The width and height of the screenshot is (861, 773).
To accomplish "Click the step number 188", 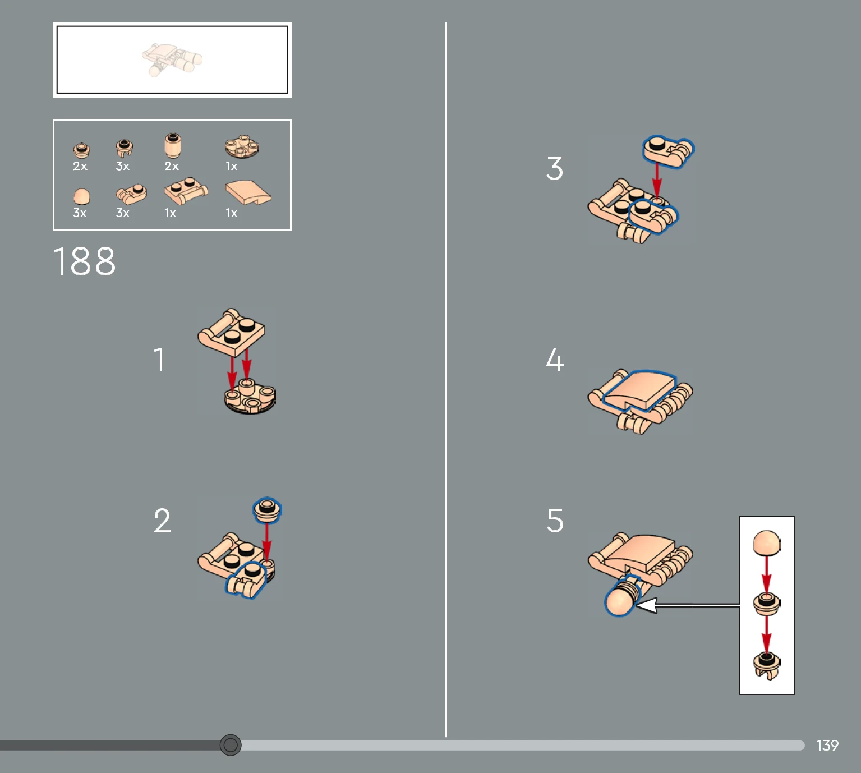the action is pyautogui.click(x=84, y=261).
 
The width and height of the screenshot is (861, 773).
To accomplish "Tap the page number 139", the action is pyautogui.click(x=827, y=745).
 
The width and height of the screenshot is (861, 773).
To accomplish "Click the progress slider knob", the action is pyautogui.click(x=231, y=745).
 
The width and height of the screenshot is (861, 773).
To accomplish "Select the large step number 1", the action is pyautogui.click(x=159, y=360).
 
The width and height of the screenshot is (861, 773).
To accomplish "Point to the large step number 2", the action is pyautogui.click(x=162, y=520).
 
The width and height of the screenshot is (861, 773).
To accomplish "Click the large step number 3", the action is pyautogui.click(x=555, y=168).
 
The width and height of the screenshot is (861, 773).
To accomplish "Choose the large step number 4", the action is pyautogui.click(x=555, y=360).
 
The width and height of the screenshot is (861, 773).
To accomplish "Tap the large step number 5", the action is pyautogui.click(x=555, y=520).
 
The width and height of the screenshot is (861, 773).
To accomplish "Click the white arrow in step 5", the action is pyautogui.click(x=688, y=605).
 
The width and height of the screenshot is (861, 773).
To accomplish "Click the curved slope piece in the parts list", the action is pyautogui.click(x=248, y=194).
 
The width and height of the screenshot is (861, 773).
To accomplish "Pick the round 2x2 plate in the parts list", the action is pyautogui.click(x=242, y=147).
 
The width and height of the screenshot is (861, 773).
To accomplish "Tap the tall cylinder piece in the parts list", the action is pyautogui.click(x=173, y=146).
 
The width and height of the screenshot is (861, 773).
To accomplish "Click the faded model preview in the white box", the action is pyautogui.click(x=173, y=59).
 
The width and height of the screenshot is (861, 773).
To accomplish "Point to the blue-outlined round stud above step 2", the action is pyautogui.click(x=267, y=510).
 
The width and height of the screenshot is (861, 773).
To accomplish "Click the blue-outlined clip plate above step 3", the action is pyautogui.click(x=667, y=151).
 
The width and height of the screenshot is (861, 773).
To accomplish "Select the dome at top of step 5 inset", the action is pyautogui.click(x=767, y=543).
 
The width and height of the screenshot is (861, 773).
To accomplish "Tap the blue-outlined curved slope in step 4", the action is pyautogui.click(x=639, y=390).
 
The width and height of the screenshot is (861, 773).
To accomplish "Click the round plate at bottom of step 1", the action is pyautogui.click(x=250, y=397).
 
